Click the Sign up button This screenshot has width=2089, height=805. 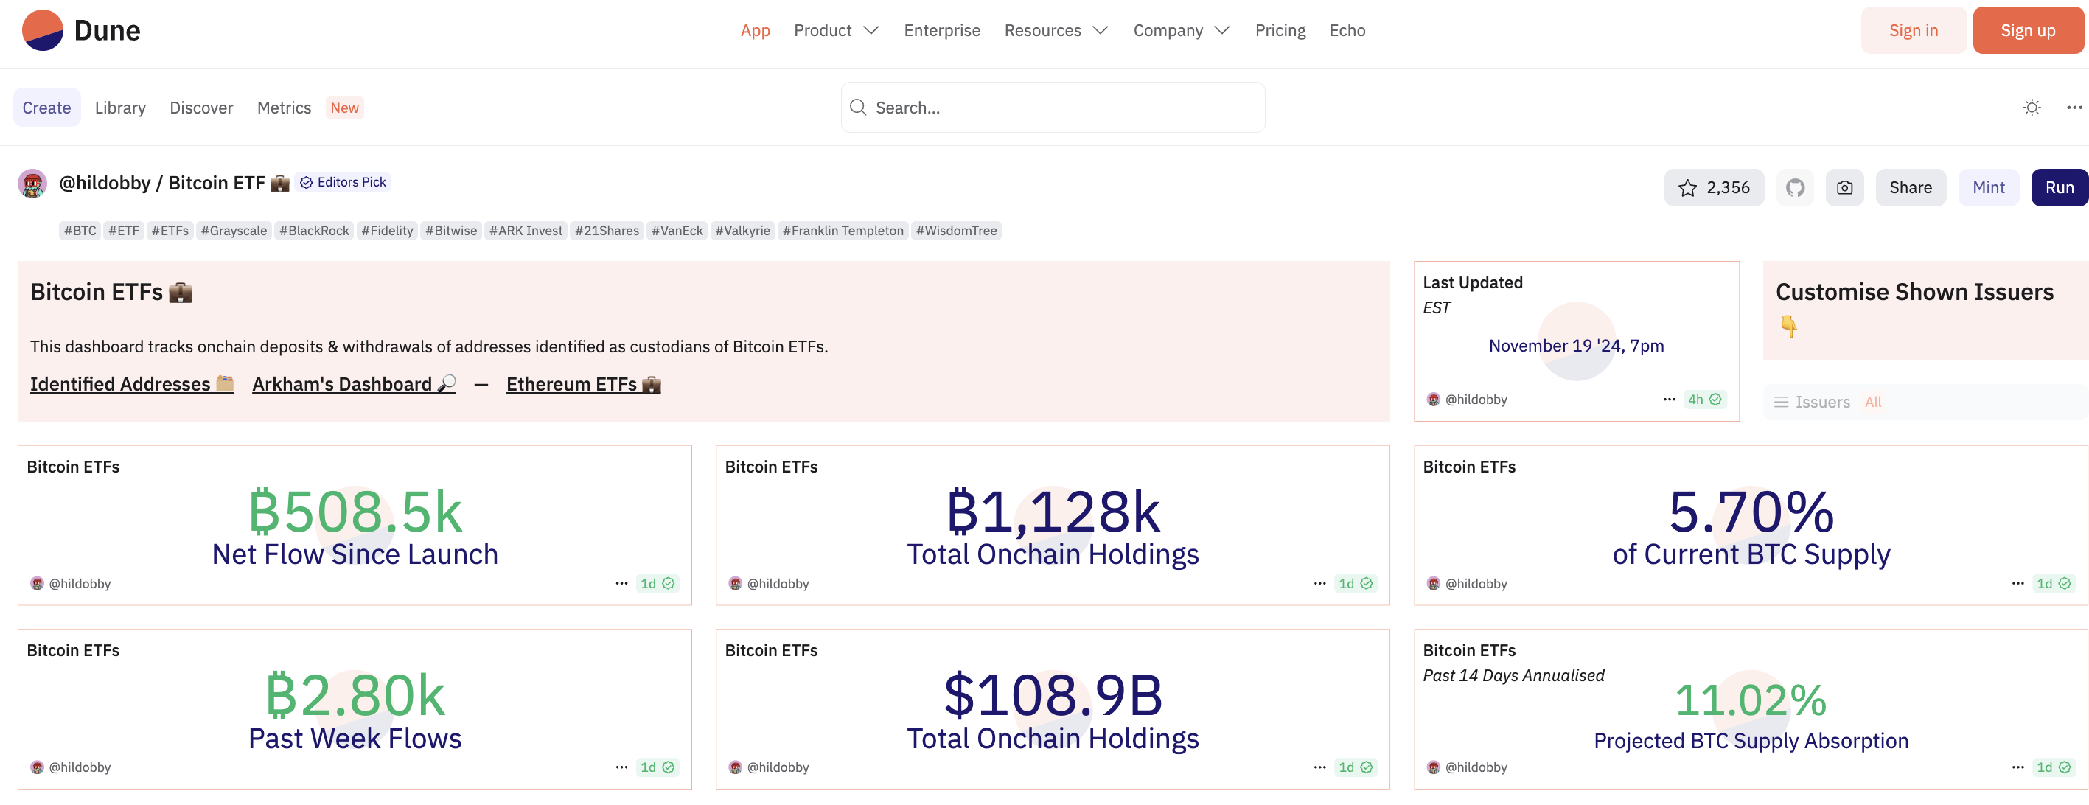[2026, 31]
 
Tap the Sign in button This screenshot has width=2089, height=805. [1912, 31]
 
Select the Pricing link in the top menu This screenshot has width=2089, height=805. [1280, 31]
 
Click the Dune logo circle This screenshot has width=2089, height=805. [43, 31]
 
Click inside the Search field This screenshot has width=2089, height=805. [1054, 108]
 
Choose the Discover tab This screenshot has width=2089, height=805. [201, 108]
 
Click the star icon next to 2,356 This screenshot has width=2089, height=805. [1687, 188]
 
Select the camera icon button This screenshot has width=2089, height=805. [1844, 188]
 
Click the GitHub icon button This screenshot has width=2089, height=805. [1796, 188]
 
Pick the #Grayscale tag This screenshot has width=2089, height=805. [234, 231]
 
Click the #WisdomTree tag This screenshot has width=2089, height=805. [956, 231]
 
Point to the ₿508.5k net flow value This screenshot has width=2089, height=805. [355, 512]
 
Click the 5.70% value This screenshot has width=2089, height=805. [1751, 512]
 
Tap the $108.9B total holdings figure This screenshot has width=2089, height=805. [1053, 697]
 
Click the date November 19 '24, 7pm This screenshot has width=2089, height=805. [1576, 346]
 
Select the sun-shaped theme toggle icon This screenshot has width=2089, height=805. [2032, 108]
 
